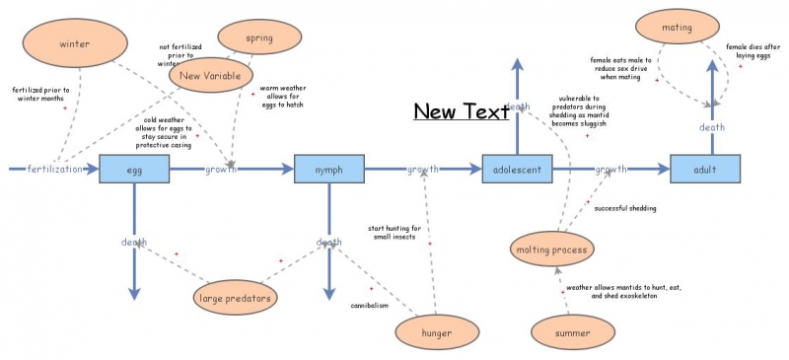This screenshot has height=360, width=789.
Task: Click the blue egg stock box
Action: click(x=134, y=170)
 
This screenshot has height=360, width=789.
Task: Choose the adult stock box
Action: click(x=704, y=170)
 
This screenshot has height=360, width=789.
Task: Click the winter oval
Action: click(x=75, y=44)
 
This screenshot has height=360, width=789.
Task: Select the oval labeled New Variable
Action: click(x=212, y=75)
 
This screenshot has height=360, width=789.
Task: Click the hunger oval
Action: click(x=436, y=333)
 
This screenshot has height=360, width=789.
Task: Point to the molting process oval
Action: click(x=552, y=250)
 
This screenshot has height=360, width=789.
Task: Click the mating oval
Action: click(x=678, y=28)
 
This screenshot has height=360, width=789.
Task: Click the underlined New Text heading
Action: click(x=461, y=111)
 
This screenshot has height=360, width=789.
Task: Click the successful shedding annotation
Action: click(x=625, y=208)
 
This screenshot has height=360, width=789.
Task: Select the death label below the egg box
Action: click(x=134, y=243)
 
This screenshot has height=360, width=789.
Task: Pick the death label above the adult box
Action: click(x=712, y=127)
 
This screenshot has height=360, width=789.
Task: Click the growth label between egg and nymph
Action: click(x=220, y=170)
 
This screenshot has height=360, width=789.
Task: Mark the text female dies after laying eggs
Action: click(x=753, y=51)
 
